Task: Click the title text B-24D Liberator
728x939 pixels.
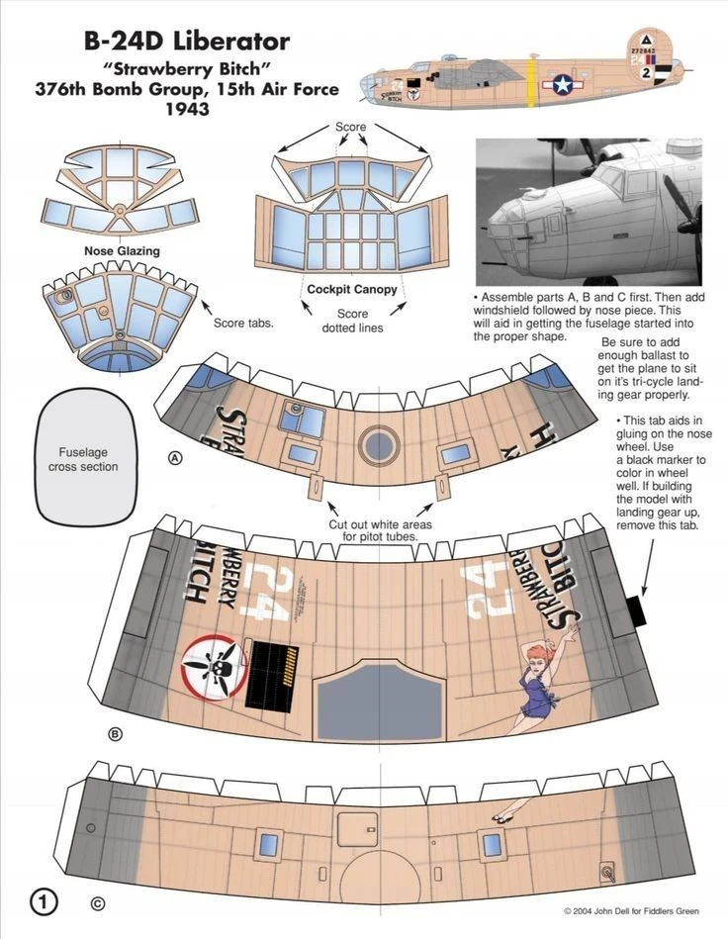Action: click(187, 42)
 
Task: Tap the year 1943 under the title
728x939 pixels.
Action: click(187, 109)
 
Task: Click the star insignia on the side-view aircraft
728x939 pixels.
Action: click(563, 84)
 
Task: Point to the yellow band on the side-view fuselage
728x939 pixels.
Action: click(530, 81)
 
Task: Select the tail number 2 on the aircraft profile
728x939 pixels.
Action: click(646, 73)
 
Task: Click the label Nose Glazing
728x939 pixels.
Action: click(122, 251)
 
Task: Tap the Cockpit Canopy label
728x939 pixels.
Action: click(352, 289)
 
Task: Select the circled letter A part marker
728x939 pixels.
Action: click(175, 458)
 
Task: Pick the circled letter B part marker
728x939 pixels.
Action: click(115, 734)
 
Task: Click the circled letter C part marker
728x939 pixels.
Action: click(98, 903)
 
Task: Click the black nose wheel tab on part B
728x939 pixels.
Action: click(638, 610)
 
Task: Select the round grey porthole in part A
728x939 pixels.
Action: click(380, 445)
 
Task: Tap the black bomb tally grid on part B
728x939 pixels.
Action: click(271, 676)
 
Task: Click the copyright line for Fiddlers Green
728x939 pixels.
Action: click(631, 911)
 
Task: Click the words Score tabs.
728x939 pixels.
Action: click(243, 323)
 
